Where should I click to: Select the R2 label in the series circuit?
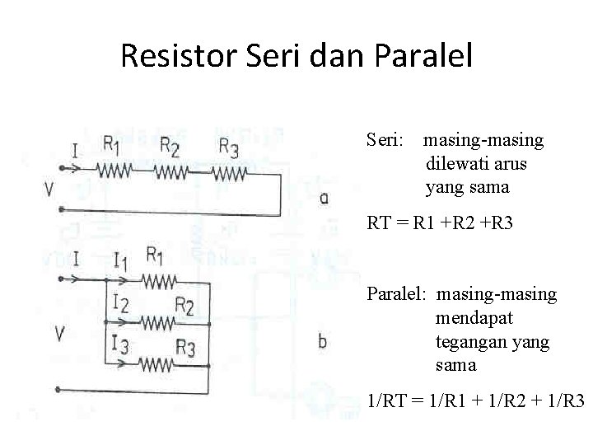coord(170,146)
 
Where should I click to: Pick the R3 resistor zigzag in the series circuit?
coord(230,174)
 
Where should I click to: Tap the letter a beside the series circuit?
coord(325,198)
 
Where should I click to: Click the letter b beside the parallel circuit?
coord(322,340)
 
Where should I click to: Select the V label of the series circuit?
coord(50,190)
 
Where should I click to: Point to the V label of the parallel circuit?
coord(59,334)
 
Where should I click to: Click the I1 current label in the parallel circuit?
coord(120,262)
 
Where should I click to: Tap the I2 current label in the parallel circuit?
coord(120,303)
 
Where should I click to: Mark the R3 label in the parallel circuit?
coord(185,349)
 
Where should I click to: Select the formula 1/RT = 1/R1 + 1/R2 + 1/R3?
coord(476,401)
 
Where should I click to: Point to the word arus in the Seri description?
coord(508,164)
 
